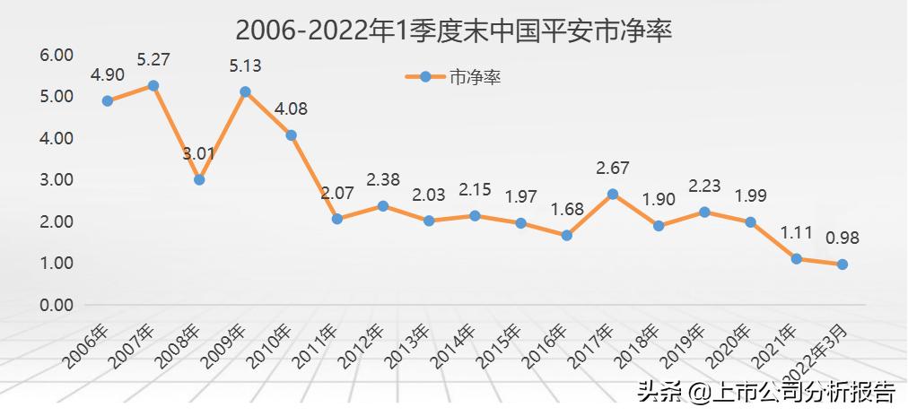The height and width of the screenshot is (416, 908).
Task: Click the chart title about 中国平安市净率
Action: click(454, 30)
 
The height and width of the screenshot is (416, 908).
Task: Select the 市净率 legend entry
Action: click(452, 78)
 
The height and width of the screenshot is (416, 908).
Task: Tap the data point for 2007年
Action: click(153, 86)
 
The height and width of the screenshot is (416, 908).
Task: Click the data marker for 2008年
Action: click(199, 179)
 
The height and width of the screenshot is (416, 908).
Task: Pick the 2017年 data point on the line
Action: click(613, 194)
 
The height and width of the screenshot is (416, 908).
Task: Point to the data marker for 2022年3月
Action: click(843, 264)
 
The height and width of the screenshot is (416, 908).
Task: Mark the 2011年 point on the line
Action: click(337, 219)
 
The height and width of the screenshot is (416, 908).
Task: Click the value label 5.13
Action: click(245, 65)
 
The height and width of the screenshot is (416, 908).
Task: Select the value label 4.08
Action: click(291, 109)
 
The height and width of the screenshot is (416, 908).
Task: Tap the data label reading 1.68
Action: click(567, 210)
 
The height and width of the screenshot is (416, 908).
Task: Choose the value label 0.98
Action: click(843, 238)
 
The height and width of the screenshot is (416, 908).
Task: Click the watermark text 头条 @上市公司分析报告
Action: click(765, 392)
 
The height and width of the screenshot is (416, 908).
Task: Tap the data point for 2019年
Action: click(704, 212)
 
